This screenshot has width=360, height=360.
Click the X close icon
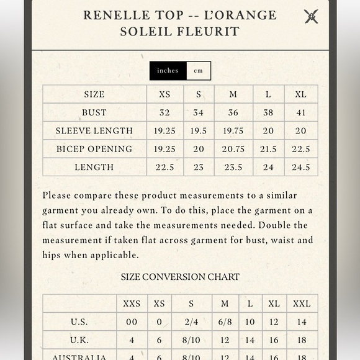(311, 17)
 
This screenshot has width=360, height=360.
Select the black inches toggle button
(168, 71)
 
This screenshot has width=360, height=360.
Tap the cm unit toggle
(199, 71)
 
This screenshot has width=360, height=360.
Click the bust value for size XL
(300, 112)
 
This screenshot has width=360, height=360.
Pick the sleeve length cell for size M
(233, 130)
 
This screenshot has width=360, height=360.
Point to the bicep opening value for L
(268, 149)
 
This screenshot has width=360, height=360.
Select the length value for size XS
(164, 167)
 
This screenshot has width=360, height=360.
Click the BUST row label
(94, 112)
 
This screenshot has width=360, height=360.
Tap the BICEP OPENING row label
(94, 149)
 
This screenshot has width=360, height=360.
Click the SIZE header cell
(94, 94)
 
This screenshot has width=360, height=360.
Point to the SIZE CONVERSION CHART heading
(180, 277)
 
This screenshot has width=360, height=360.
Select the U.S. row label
(79, 322)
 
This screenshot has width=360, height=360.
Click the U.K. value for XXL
(302, 340)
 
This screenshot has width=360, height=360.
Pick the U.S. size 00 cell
(132, 322)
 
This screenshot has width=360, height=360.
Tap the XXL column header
(302, 304)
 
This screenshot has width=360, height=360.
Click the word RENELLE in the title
(115, 15)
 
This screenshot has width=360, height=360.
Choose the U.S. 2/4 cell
(191, 322)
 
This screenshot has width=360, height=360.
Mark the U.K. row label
(79, 340)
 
